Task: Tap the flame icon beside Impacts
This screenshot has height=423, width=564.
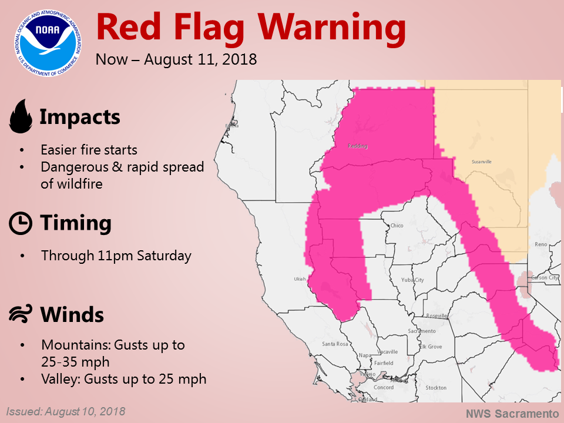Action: click(x=21, y=116)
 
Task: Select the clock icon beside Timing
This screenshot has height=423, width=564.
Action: click(x=21, y=224)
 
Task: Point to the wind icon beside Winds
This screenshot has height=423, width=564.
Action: click(x=21, y=315)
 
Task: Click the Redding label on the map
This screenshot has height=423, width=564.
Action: click(x=357, y=146)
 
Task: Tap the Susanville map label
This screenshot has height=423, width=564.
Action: click(x=481, y=161)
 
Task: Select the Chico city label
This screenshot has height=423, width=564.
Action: click(x=397, y=225)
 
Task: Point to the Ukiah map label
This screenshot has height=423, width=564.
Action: click(x=299, y=279)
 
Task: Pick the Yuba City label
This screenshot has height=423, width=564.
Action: click(x=412, y=280)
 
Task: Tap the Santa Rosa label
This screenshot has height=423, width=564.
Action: click(x=335, y=344)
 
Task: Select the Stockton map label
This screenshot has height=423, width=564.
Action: click(x=437, y=388)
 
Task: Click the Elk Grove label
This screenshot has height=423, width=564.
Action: click(x=430, y=347)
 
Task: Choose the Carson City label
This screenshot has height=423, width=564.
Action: click(x=546, y=277)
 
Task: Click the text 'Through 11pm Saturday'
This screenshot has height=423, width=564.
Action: click(x=116, y=256)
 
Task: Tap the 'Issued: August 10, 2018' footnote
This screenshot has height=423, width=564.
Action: click(x=66, y=411)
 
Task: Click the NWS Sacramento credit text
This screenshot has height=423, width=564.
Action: click(x=512, y=414)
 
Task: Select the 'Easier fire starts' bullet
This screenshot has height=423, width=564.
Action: click(x=89, y=150)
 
